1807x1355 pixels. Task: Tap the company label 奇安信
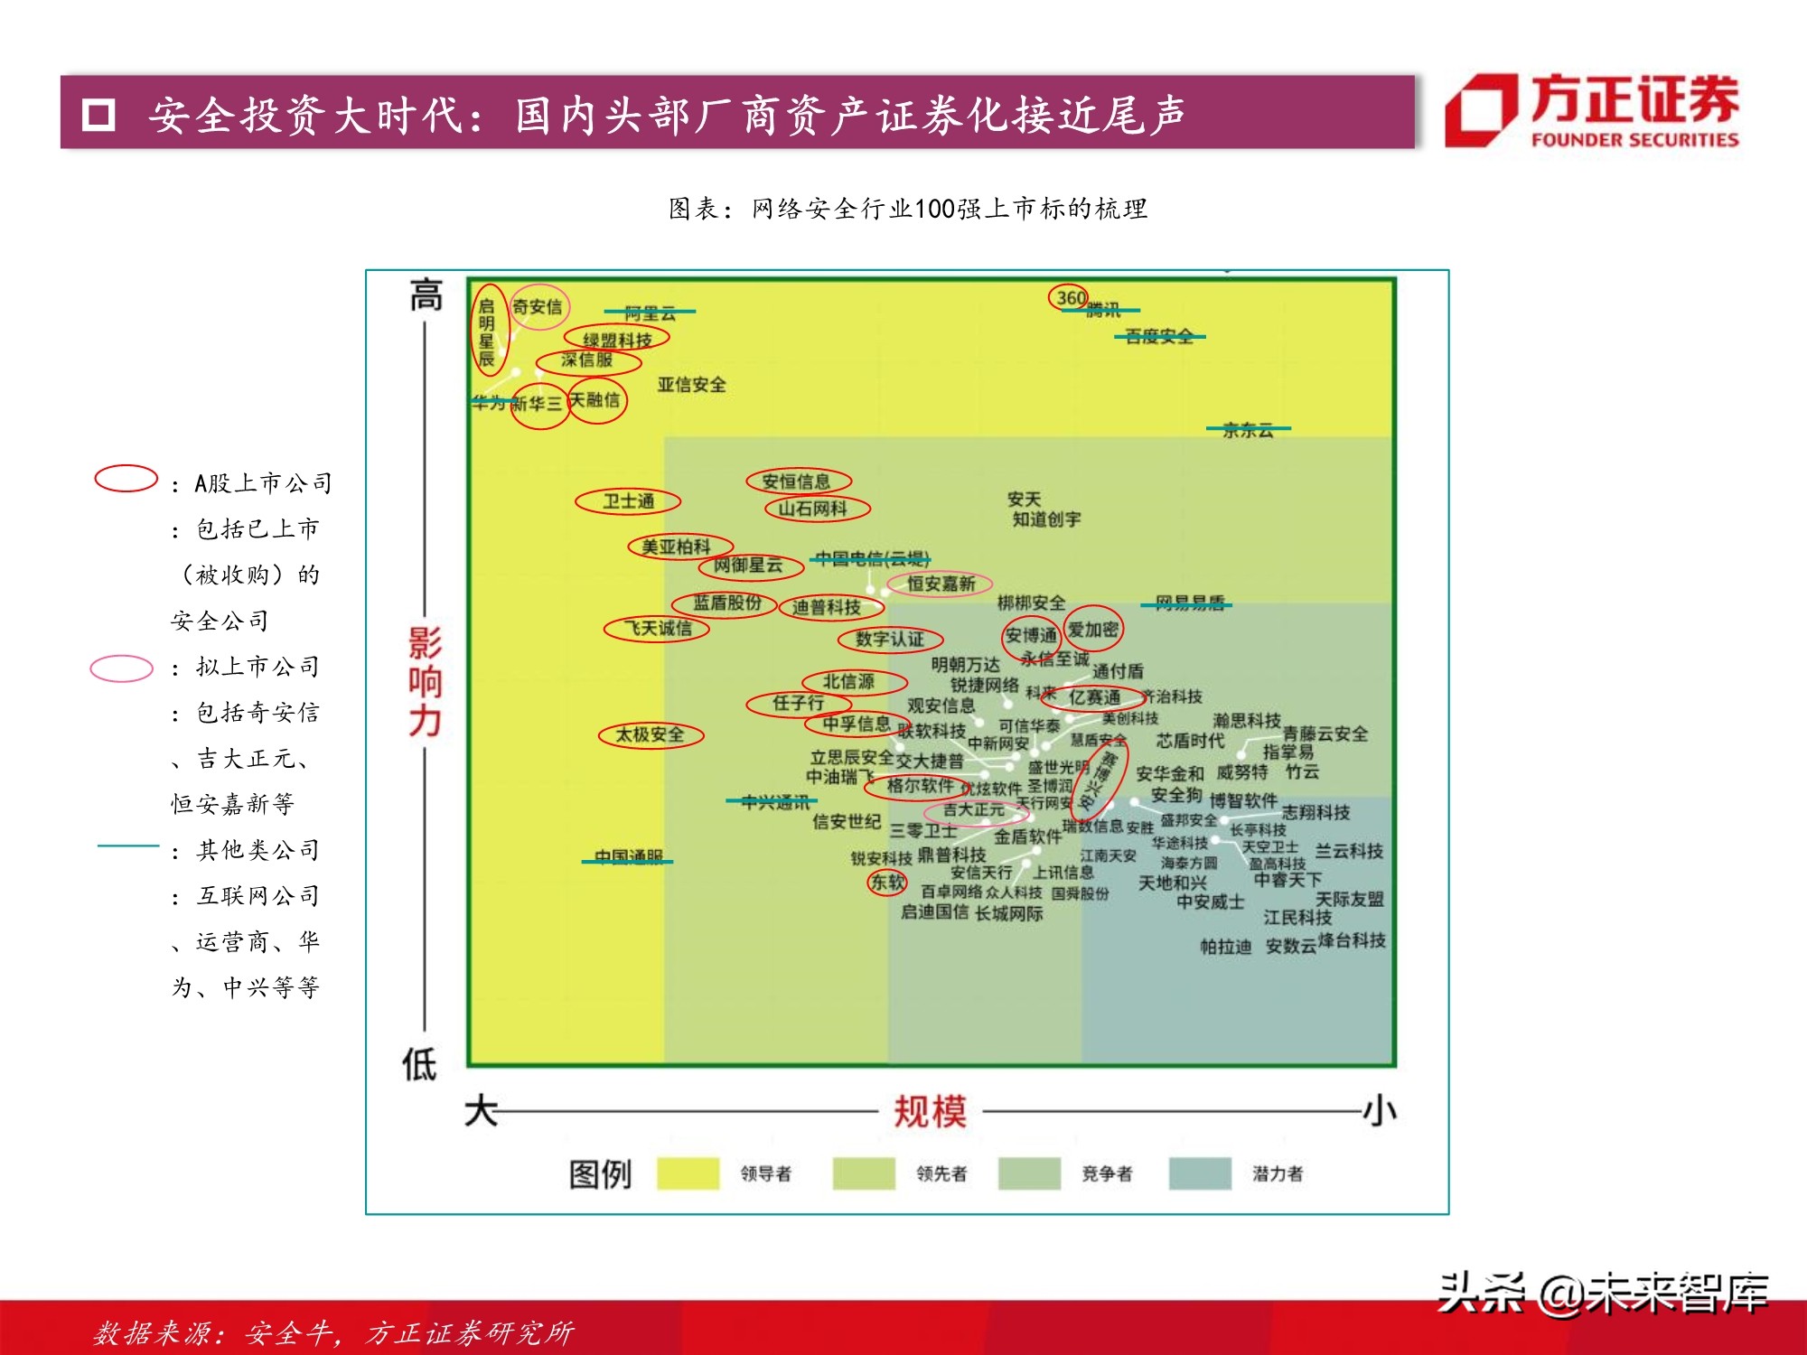click(537, 307)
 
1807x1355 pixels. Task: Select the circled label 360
click(1071, 298)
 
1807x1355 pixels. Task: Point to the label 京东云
click(1248, 430)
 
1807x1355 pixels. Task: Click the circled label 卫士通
click(628, 501)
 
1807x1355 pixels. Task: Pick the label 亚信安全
click(691, 385)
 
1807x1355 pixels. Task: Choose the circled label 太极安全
click(650, 735)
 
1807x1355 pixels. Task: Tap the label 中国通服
click(628, 856)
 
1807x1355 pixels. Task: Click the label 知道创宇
click(1046, 519)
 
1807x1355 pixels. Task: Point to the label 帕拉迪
click(1225, 947)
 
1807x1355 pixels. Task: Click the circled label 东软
click(887, 882)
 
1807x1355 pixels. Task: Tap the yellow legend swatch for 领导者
click(688, 1173)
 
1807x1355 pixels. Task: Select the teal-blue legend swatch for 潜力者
click(1199, 1173)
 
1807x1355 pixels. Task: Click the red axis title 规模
click(930, 1111)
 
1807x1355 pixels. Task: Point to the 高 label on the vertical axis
click(426, 295)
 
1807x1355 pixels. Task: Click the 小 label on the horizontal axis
click(1379, 1111)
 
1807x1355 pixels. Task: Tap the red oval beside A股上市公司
click(126, 479)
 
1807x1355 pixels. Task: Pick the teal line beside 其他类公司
click(128, 846)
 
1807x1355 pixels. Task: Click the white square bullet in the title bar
click(98, 115)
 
